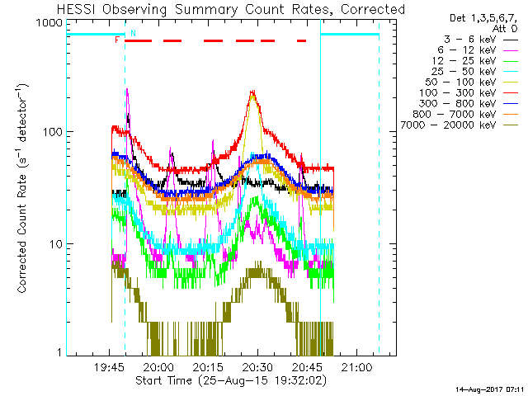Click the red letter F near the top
118,40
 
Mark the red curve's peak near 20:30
253,92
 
